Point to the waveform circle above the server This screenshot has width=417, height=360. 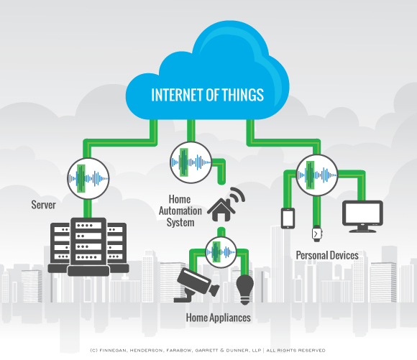[x=87, y=177]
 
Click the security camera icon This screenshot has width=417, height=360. [x=195, y=283]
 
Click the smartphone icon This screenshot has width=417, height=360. [x=288, y=216]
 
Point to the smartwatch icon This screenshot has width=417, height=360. [x=316, y=233]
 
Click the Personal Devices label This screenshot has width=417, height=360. [x=327, y=255]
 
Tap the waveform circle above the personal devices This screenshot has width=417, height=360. [x=316, y=174]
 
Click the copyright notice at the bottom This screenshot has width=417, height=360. [x=208, y=350]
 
